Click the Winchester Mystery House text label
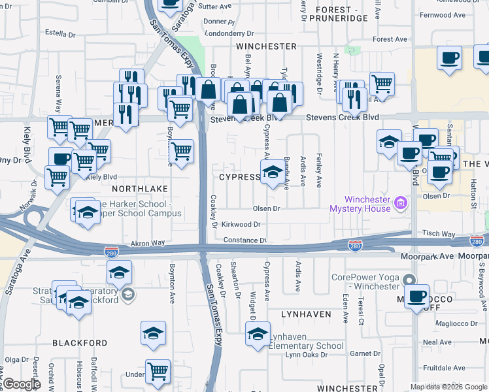coord(360,204)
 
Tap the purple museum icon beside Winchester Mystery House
coord(401,204)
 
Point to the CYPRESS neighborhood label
coord(240,177)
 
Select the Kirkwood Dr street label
coord(241,224)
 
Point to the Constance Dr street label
coord(244,240)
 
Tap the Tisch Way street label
coord(439,233)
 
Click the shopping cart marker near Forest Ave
coord(382,84)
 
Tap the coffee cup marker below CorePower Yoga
coord(416,296)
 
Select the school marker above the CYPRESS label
coord(272,172)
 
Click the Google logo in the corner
coord(21,385)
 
